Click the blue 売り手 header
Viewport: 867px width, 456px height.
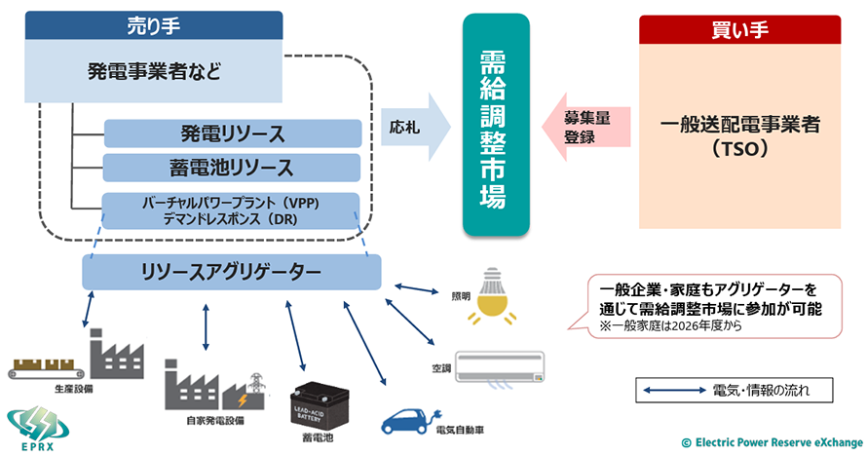153,24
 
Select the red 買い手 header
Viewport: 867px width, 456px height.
739,28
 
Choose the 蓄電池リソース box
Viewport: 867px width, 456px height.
233,168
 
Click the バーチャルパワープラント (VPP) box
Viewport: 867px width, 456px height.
231,210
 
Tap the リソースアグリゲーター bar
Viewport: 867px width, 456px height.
231,273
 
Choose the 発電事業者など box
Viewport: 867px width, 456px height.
153,71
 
